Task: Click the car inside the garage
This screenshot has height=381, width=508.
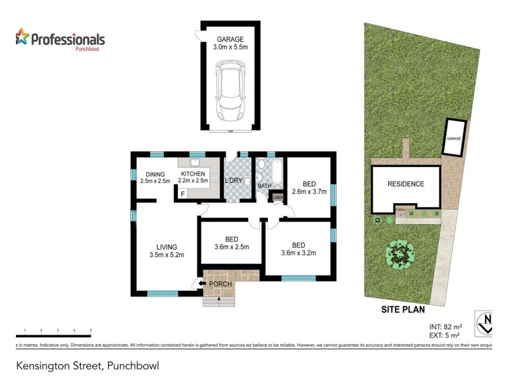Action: point(229,91)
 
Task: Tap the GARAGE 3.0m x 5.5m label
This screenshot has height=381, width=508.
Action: point(230,42)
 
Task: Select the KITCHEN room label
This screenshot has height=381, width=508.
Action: point(193,177)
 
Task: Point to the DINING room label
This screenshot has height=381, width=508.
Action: point(155,178)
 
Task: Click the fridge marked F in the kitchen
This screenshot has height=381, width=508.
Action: point(183,193)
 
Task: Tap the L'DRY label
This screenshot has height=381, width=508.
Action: point(234,182)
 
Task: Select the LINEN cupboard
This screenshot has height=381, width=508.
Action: point(277,197)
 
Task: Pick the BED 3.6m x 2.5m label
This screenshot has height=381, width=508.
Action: point(231,243)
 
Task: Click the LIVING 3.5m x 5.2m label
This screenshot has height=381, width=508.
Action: point(167,251)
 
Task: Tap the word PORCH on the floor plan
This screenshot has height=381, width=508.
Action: point(220,284)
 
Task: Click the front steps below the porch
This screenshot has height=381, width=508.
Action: point(218,300)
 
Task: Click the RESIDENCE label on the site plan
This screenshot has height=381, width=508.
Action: point(406,184)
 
